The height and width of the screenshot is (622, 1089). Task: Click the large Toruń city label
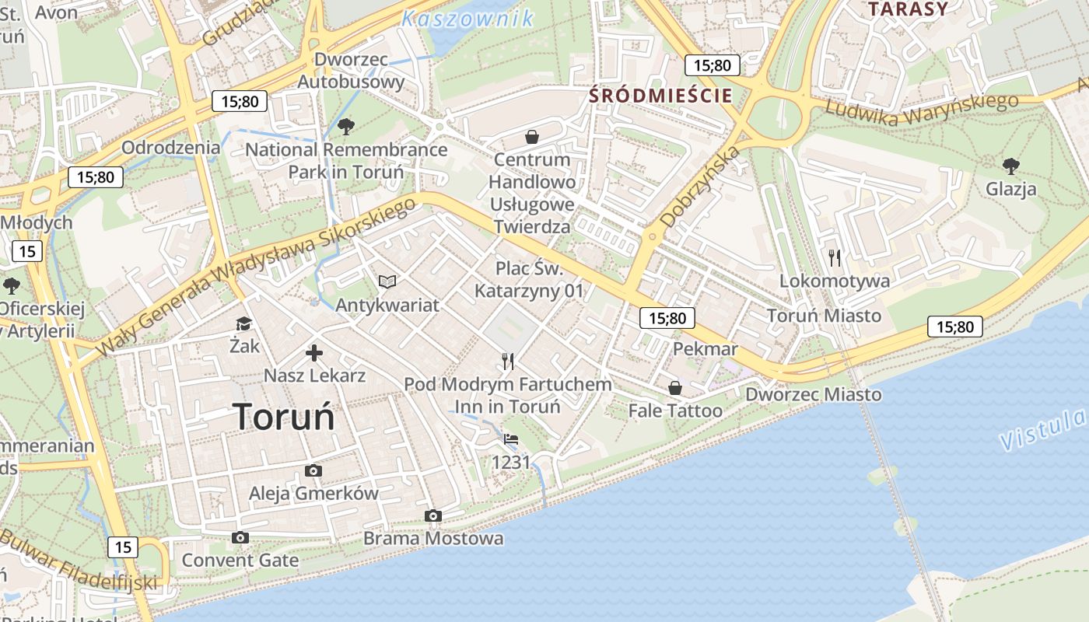pos(283,417)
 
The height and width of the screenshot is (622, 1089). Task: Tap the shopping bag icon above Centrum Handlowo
pos(532,138)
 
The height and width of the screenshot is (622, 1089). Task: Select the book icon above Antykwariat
pos(387,281)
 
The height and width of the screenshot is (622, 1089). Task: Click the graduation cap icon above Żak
pos(244,323)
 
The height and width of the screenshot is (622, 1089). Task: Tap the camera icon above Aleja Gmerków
pos(313,470)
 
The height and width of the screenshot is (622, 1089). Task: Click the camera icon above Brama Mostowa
pos(433,515)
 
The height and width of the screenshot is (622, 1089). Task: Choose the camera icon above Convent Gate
pos(240,537)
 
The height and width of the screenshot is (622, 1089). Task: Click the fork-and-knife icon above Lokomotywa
pos(835,257)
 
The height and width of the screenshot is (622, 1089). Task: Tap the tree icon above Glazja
pos(1010,166)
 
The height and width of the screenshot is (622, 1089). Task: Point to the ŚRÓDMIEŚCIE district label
pos(661,96)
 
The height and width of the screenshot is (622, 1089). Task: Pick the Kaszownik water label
pos(467,18)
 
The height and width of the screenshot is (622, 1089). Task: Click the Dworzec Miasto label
pos(814,394)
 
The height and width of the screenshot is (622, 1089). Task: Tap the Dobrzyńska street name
pos(699,187)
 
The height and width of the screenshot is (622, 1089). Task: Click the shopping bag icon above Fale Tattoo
pos(674,387)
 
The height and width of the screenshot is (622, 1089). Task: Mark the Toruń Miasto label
pos(824,316)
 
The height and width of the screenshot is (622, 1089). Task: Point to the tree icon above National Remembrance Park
pos(346,126)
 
